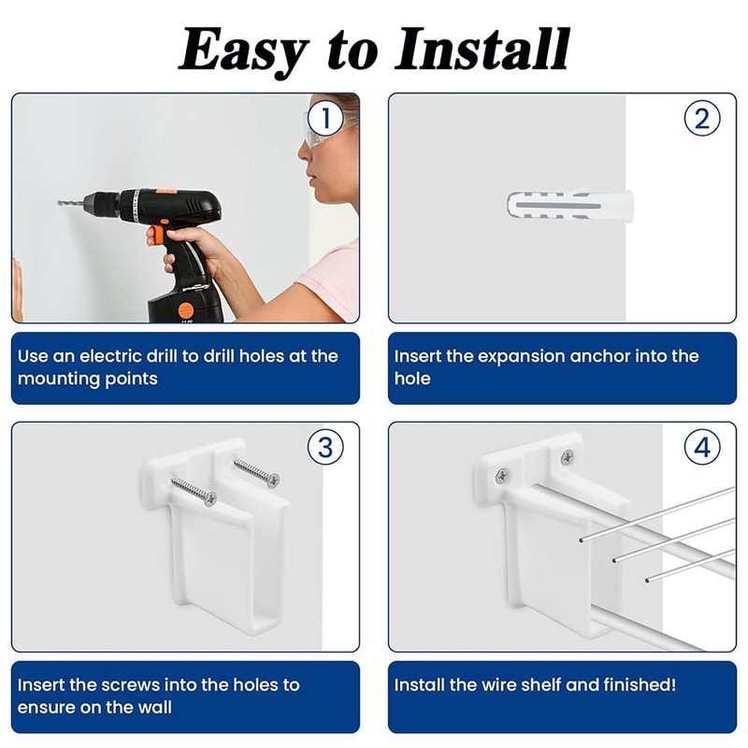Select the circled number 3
[x=324, y=447]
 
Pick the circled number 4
[x=702, y=447]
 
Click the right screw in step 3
[x=256, y=471]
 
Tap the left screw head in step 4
[x=503, y=476]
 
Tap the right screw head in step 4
[x=567, y=457]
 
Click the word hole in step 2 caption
[x=411, y=379]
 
